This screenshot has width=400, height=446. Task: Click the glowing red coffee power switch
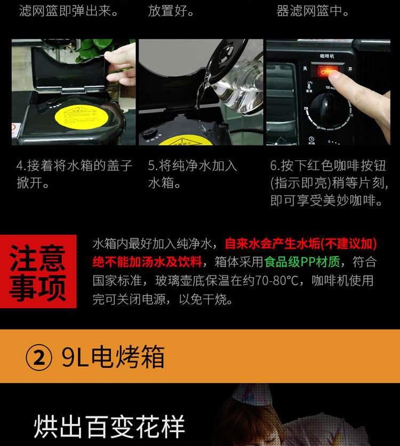328,71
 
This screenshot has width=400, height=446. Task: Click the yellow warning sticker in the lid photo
82,117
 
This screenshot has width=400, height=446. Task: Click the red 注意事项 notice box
38,271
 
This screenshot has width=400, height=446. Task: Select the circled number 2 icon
39,357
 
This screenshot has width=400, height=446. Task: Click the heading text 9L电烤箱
113,356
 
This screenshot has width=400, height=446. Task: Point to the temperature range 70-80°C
277,280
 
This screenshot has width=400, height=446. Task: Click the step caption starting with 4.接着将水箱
75,174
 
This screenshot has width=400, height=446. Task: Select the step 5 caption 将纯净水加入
193,174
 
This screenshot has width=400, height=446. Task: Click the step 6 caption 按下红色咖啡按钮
329,183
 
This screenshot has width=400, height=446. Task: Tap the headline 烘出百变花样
109,427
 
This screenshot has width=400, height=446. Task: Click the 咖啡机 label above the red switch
327,56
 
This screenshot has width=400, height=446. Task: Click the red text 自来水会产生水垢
272,244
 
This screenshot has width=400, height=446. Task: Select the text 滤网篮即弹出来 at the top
68,11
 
